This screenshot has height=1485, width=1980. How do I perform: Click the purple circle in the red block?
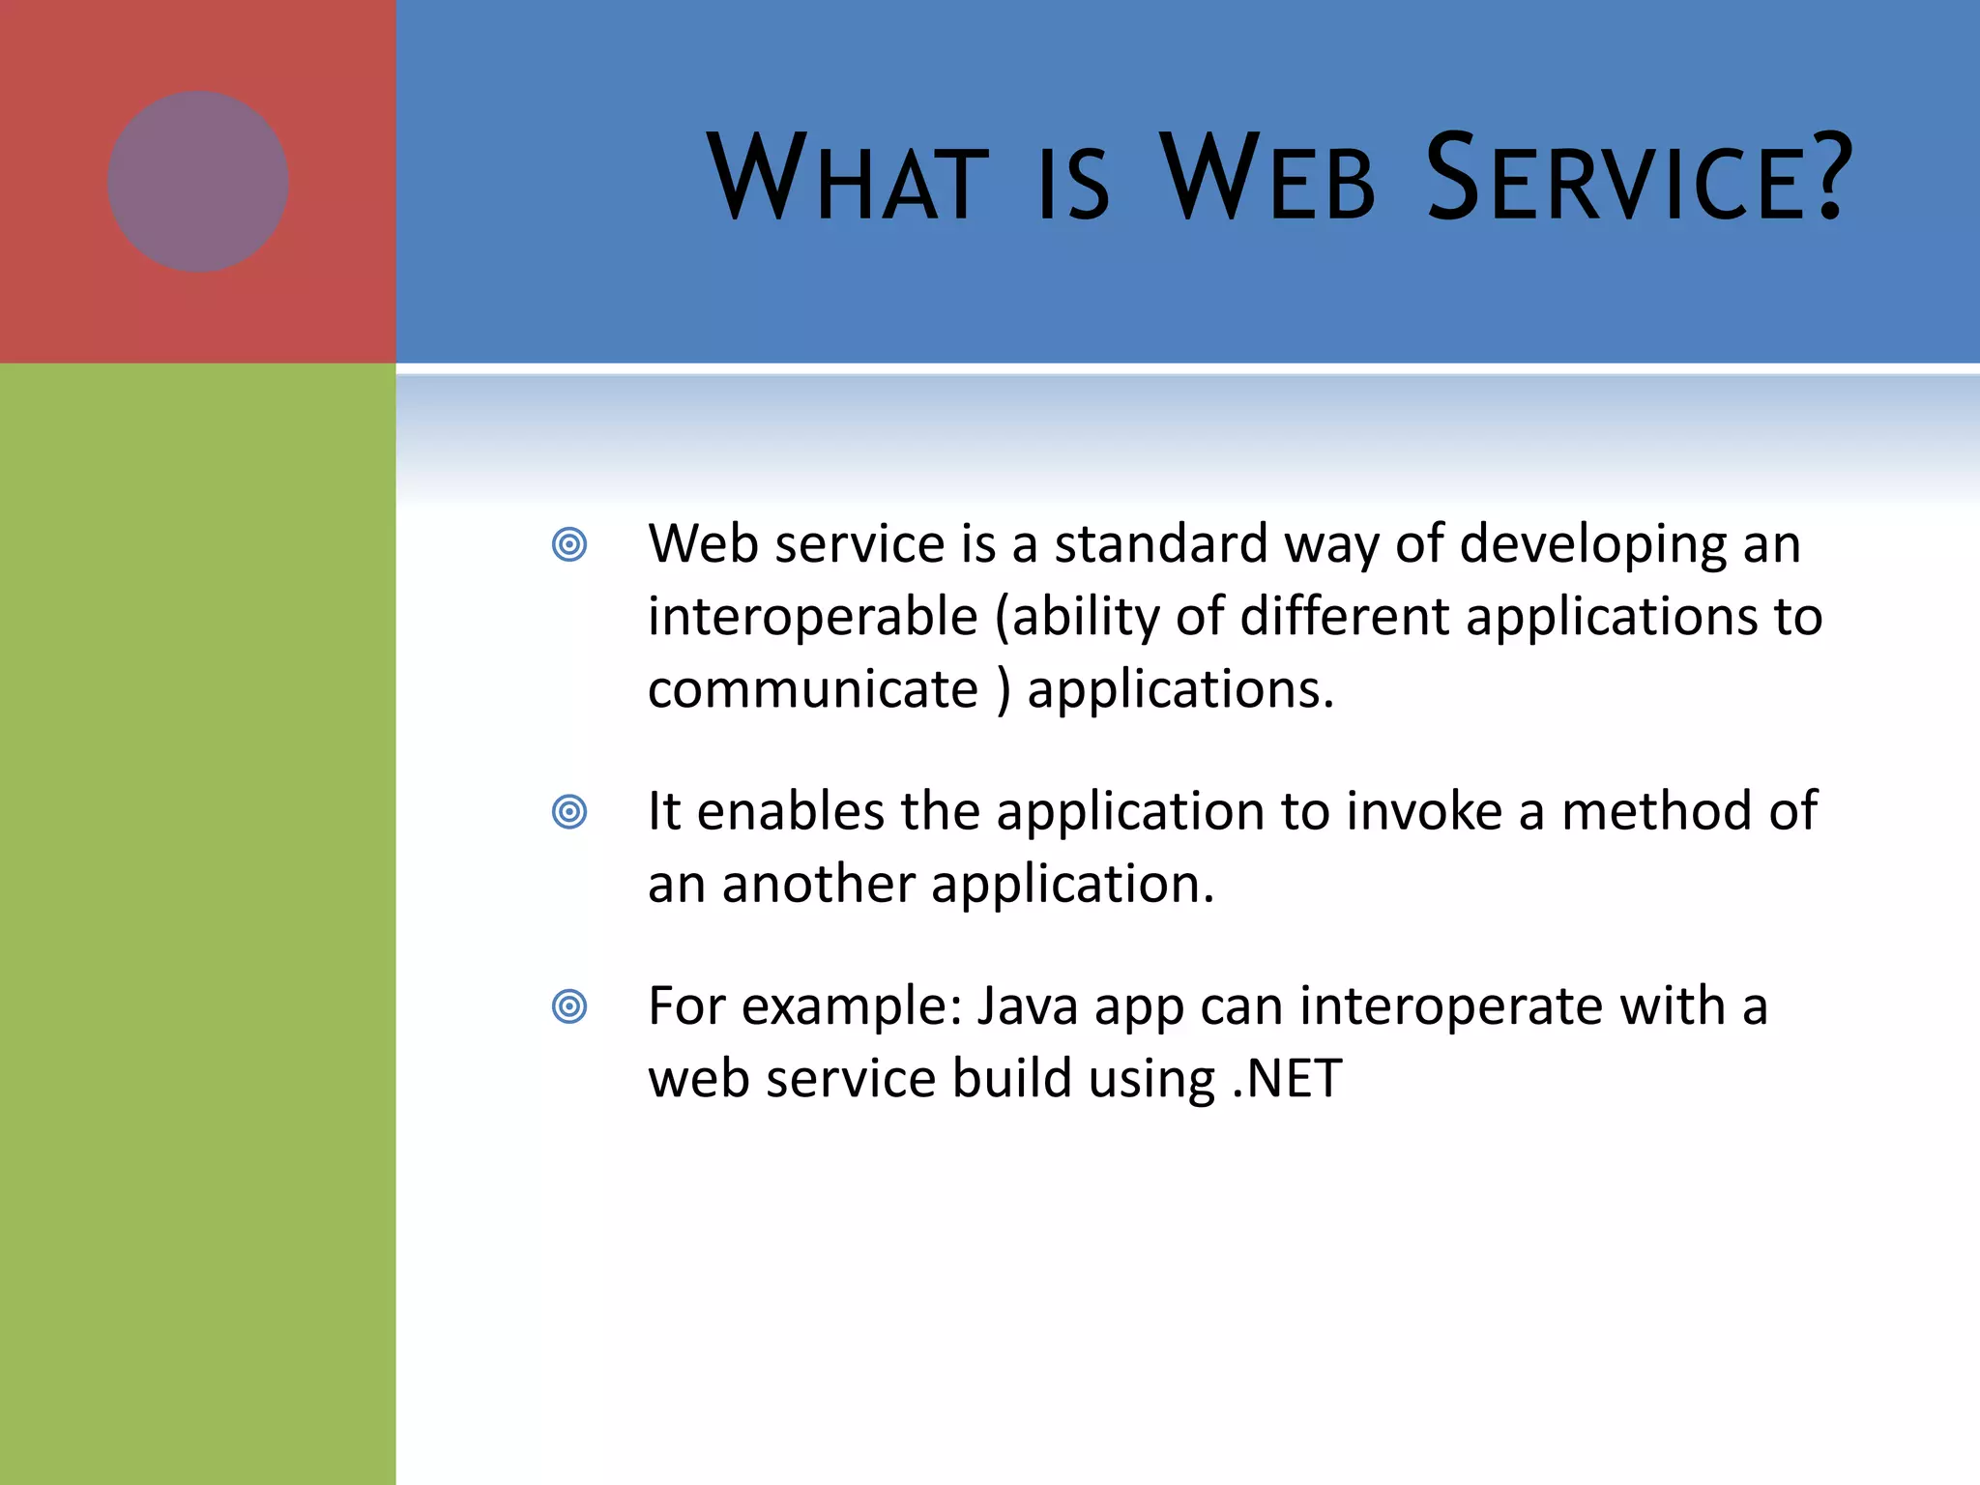(x=198, y=182)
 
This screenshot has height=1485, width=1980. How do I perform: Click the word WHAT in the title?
(x=848, y=179)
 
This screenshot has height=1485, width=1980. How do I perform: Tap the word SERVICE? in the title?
(x=1639, y=179)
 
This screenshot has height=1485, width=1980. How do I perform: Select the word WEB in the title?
(x=1267, y=179)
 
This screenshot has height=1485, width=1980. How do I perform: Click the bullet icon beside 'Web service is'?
(x=569, y=544)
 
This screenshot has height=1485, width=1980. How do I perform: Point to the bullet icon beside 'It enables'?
(x=569, y=811)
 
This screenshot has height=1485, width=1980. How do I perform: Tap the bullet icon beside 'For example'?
(x=569, y=1006)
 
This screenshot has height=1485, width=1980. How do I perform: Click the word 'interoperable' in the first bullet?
(x=813, y=617)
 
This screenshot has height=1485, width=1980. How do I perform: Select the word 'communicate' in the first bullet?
(x=813, y=689)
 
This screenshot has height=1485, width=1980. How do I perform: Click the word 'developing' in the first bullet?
(x=1592, y=544)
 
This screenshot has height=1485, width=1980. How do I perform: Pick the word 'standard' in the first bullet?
(x=1160, y=544)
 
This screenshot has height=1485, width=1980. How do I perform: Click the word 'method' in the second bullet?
(x=1657, y=811)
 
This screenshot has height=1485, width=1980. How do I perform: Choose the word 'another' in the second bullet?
(x=818, y=884)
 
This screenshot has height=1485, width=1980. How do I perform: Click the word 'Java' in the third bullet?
(x=1027, y=1006)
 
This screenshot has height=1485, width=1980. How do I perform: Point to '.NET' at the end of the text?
(x=1287, y=1079)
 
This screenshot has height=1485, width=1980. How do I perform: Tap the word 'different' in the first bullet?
(x=1344, y=617)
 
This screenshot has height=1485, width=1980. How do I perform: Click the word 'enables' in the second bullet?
(x=790, y=811)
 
